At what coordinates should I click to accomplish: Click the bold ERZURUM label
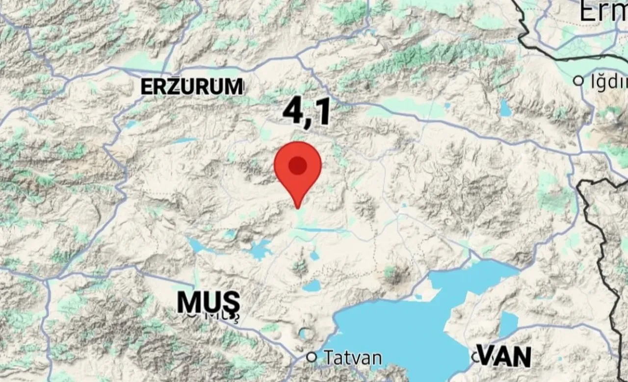(192, 87)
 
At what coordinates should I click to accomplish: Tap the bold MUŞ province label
(209, 303)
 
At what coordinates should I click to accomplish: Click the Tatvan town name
(351, 357)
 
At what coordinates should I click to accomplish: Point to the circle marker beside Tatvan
(312, 357)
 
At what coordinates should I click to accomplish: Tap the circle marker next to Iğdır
(579, 80)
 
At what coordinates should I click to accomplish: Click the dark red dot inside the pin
(297, 166)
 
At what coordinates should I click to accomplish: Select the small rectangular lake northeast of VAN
(508, 324)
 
